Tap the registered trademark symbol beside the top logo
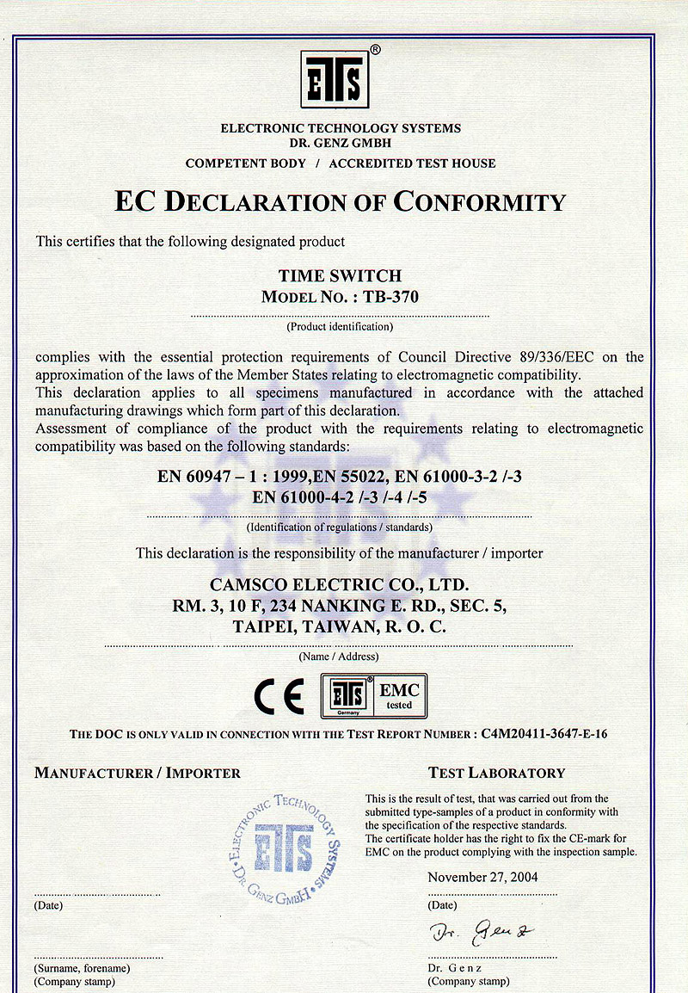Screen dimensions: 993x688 pyautogui.click(x=374, y=50)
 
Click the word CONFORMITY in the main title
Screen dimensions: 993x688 pyautogui.click(x=480, y=202)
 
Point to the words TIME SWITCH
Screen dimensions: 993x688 pyautogui.click(x=341, y=276)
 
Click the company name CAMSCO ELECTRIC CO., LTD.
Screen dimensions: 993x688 pyautogui.click(x=340, y=586)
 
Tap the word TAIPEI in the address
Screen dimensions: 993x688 pyautogui.click(x=264, y=627)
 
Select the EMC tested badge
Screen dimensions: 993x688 pyautogui.click(x=373, y=695)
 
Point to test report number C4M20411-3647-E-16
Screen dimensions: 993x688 pyautogui.click(x=544, y=734)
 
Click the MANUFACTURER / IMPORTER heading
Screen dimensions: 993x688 pyautogui.click(x=138, y=773)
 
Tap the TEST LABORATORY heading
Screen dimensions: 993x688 pyautogui.click(x=496, y=773)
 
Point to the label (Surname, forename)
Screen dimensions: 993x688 pyautogui.click(x=82, y=968)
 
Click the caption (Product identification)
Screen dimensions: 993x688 pyautogui.click(x=340, y=327)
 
